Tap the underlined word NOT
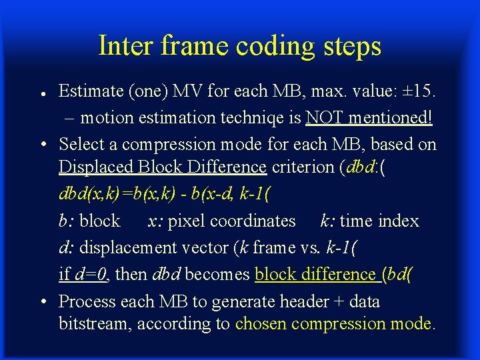[324, 117]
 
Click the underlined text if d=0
[84, 274]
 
